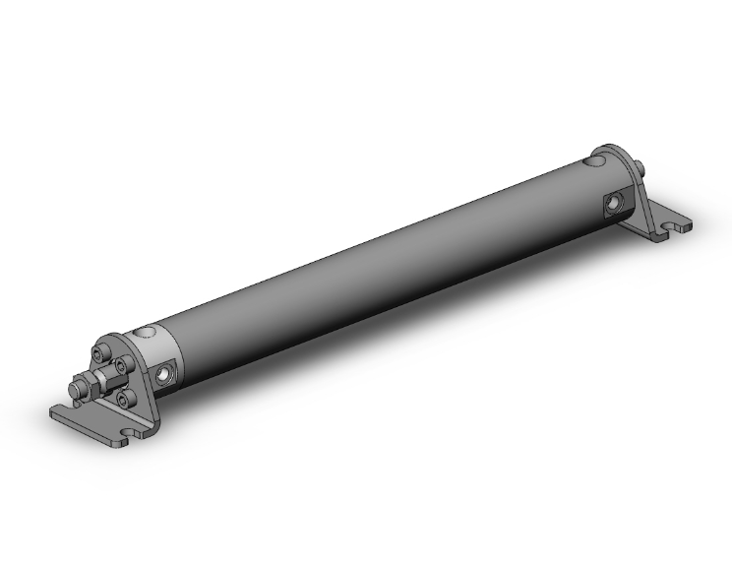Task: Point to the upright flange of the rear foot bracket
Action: (626, 187)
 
